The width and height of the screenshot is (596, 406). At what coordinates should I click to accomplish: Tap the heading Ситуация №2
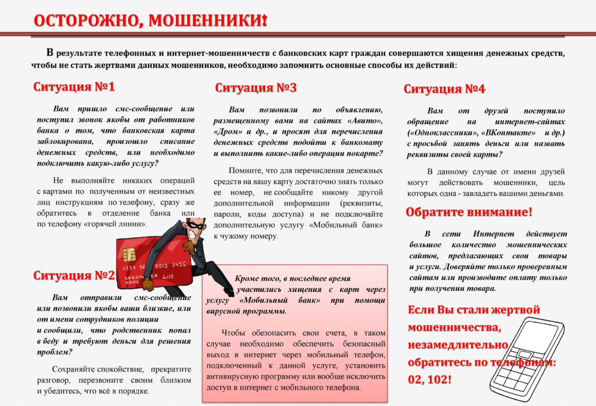pos(73,275)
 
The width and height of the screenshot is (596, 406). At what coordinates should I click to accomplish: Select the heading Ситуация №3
pos(256,88)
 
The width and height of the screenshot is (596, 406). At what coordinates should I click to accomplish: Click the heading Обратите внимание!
pos(469,212)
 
